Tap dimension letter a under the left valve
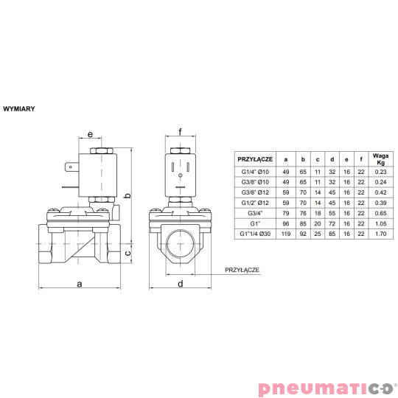pyautogui.click(x=79, y=282)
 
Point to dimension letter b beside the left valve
pyautogui.click(x=127, y=196)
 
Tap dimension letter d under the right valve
pyautogui.click(x=180, y=282)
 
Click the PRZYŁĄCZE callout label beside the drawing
pyautogui.click(x=242, y=270)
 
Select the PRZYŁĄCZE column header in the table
pyautogui.click(x=255, y=158)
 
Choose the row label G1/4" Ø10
pyautogui.click(x=255, y=172)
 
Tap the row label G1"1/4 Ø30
pyautogui.click(x=255, y=234)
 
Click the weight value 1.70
pyautogui.click(x=380, y=234)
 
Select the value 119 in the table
pyautogui.click(x=286, y=234)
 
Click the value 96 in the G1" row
pyautogui.click(x=286, y=223)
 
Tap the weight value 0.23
pyautogui.click(x=380, y=172)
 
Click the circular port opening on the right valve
pyautogui.click(x=179, y=241)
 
